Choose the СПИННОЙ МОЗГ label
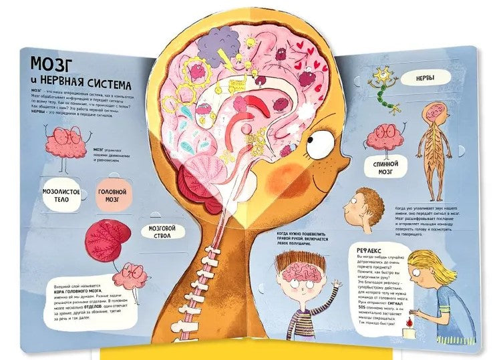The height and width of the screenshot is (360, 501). click(383, 167)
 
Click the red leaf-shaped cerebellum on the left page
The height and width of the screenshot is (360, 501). click(110, 236)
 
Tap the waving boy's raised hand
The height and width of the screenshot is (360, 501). click(335, 289)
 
